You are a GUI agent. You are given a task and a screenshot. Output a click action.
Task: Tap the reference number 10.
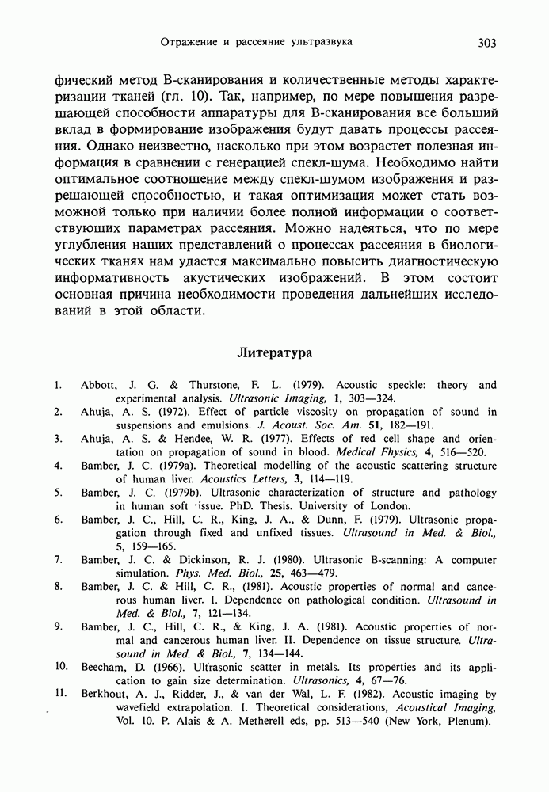(60, 667)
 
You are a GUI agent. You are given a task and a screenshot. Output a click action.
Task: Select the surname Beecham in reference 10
(105, 667)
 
